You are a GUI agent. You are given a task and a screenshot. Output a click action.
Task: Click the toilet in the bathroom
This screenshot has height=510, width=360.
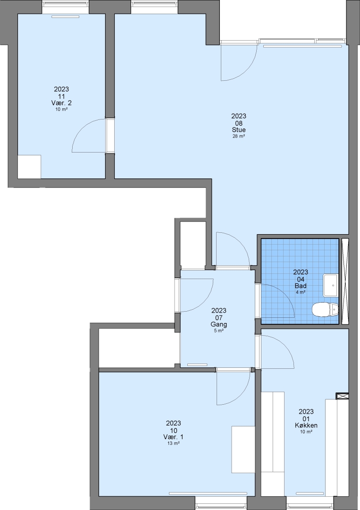(x=325, y=309)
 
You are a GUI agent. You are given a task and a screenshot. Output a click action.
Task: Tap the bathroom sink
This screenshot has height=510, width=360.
(x=331, y=285)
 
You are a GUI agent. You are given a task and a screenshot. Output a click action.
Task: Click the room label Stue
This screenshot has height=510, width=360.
(x=238, y=130)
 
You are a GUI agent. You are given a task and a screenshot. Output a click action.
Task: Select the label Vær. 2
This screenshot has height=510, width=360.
(x=61, y=103)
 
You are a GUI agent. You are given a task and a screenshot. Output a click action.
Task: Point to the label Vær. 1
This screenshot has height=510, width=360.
(x=173, y=437)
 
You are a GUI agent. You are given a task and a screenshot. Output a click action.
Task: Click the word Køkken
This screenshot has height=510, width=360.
(x=306, y=425)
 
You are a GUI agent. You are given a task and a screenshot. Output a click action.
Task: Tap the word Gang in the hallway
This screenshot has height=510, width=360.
(x=218, y=324)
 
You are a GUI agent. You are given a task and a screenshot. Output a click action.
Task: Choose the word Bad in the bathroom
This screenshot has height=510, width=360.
(x=301, y=286)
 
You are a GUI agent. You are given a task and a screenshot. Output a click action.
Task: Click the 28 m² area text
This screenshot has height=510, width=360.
(x=238, y=136)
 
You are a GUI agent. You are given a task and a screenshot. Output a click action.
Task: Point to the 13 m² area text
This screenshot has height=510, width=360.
(x=174, y=443)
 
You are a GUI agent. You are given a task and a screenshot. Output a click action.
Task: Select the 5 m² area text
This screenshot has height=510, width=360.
(x=218, y=331)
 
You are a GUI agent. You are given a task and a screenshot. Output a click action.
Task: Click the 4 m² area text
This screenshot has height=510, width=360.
(x=301, y=292)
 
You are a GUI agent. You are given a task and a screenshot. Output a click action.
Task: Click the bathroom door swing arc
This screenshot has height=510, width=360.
(x=285, y=293)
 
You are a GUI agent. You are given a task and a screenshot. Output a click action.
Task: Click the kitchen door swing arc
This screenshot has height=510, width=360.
(x=285, y=344)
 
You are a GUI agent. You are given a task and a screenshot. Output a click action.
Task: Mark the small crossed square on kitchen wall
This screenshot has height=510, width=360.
(x=342, y=396)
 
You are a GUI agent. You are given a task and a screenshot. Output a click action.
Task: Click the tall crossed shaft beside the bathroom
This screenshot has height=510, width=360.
(x=345, y=281)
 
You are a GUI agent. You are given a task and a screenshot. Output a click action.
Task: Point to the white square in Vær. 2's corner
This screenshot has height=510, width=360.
(x=29, y=167)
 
